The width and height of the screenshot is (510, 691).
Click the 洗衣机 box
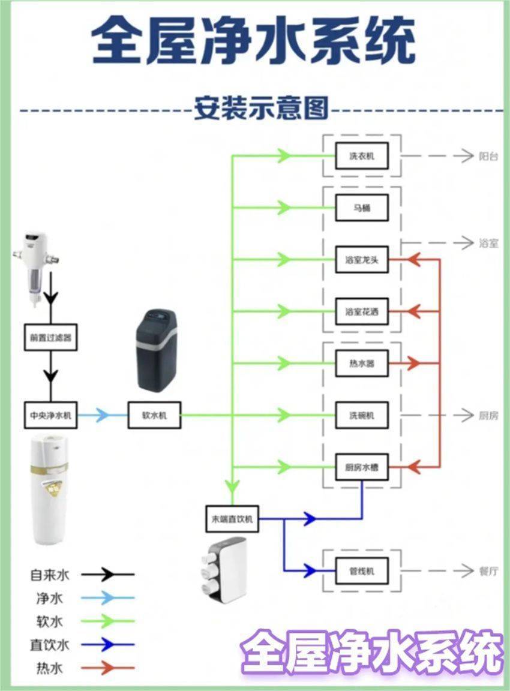362,156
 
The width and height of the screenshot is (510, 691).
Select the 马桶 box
362,208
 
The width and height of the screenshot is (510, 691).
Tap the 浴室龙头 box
362,260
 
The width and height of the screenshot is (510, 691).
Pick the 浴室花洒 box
362,311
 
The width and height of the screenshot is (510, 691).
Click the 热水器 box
362,363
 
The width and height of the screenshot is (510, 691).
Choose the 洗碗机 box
362,415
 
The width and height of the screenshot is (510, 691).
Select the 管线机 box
362,570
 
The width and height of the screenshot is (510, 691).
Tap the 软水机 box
154,415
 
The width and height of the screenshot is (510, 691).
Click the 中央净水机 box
51,415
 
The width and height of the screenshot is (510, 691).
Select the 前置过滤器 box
51,338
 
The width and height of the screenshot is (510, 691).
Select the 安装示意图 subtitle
261,110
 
